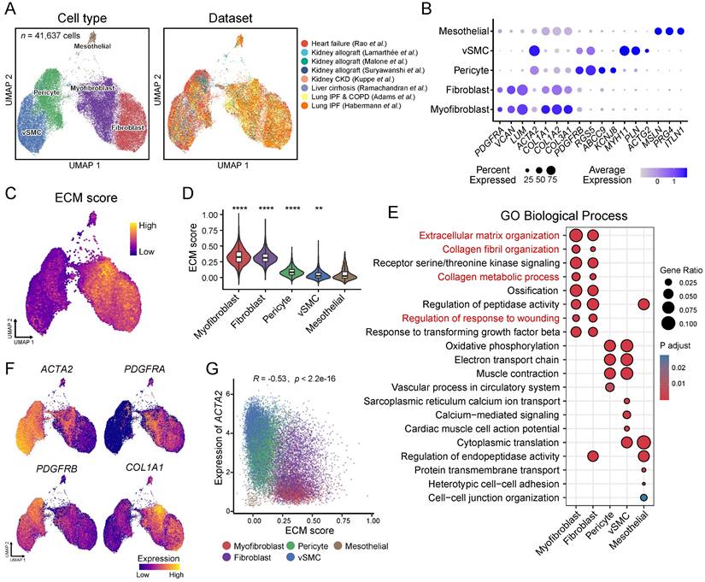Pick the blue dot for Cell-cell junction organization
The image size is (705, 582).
point(644,497)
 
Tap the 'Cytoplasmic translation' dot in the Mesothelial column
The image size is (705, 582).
point(644,442)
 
